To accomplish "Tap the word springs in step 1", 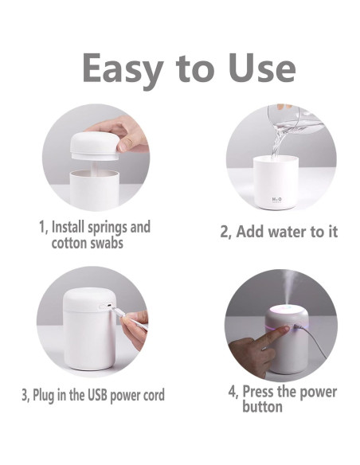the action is pyautogui.click(x=107, y=228).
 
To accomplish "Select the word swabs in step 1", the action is pyautogui.click(x=107, y=243).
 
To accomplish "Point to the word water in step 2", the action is pyautogui.click(x=287, y=232).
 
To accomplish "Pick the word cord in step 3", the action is pyautogui.click(x=154, y=395).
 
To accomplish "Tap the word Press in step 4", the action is pyautogui.click(x=259, y=392).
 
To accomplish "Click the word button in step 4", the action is pyautogui.click(x=262, y=406).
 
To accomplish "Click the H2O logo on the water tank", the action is pyautogui.click(x=276, y=200).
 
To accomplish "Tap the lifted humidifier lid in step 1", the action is pyautogui.click(x=94, y=147).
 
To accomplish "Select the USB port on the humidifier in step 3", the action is pyautogui.click(x=109, y=305).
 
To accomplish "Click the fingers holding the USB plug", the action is pyautogui.click(x=135, y=329).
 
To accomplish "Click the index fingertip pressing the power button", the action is pyautogui.click(x=285, y=329).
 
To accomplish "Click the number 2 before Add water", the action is pyautogui.click(x=224, y=232).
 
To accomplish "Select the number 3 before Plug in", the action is pyautogui.click(x=25, y=395).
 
